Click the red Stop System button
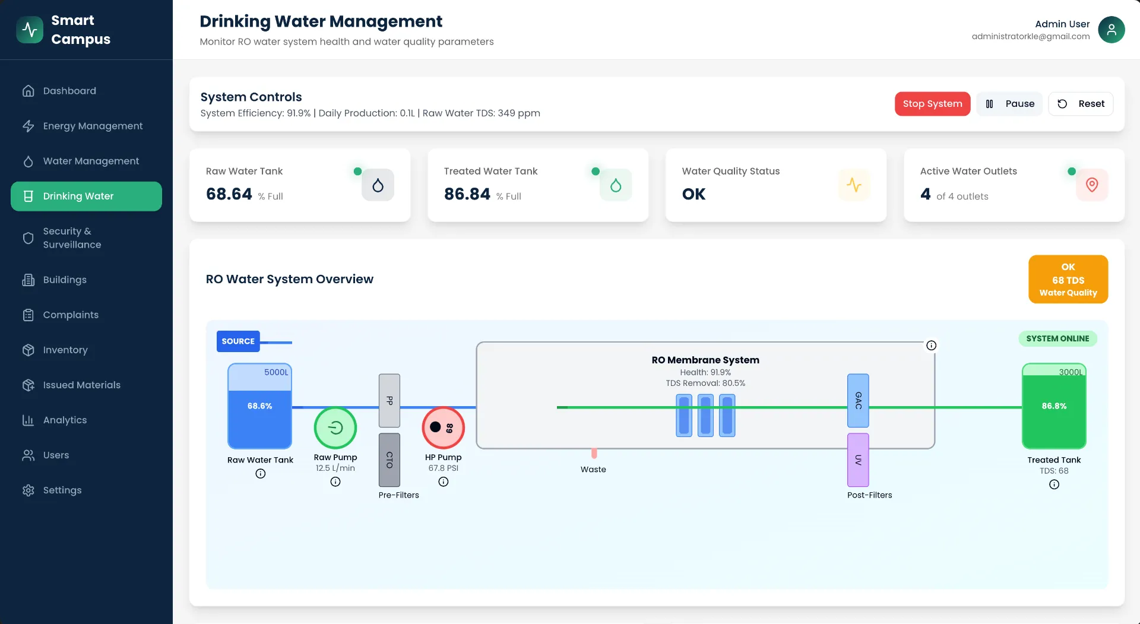pos(932,104)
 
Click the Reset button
pos(1080,104)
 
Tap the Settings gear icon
pos(28,490)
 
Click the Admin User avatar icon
pos(1111,30)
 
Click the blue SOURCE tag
pos(238,341)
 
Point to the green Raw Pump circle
pos(335,427)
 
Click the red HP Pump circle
pos(443,427)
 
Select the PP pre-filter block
pos(389,400)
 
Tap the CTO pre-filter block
pos(389,460)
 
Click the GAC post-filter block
pos(858,400)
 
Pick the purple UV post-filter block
pos(858,460)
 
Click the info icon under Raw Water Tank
pos(260,474)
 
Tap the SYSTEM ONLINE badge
pos(1057,338)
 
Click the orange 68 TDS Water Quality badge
pos(1068,279)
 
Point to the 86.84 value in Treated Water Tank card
pos(467,194)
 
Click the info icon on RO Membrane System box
pos(931,346)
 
